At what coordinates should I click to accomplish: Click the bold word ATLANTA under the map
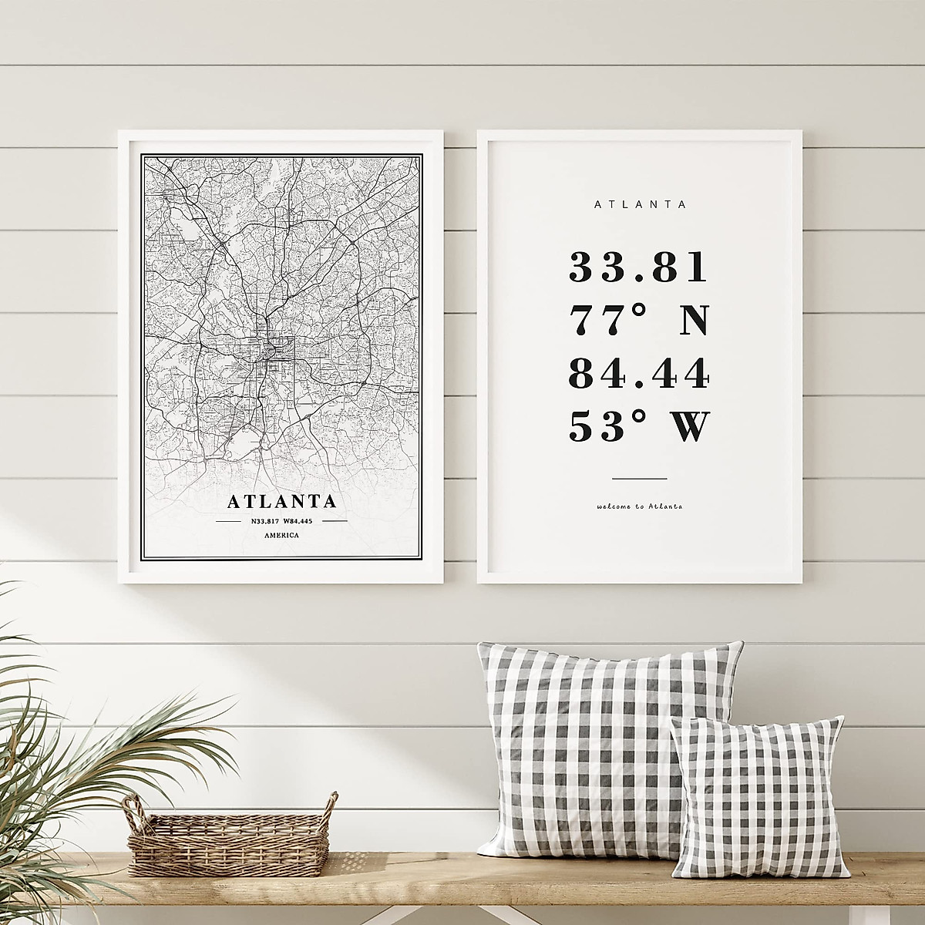click(x=282, y=501)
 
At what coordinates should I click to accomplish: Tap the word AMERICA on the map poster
click(x=281, y=535)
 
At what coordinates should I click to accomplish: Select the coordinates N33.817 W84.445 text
click(x=281, y=521)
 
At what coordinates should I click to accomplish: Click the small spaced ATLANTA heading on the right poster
click(x=640, y=204)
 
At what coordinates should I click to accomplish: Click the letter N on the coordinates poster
click(x=691, y=321)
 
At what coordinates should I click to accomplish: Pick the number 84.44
click(x=638, y=374)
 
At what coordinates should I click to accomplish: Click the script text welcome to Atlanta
click(x=639, y=507)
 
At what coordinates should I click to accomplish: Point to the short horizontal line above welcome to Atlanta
click(x=639, y=479)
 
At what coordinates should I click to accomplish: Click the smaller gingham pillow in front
click(x=755, y=802)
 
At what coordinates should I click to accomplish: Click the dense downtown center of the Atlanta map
click(x=270, y=351)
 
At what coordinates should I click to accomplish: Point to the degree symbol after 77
click(x=633, y=309)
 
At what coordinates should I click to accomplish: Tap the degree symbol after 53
click(x=633, y=415)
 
